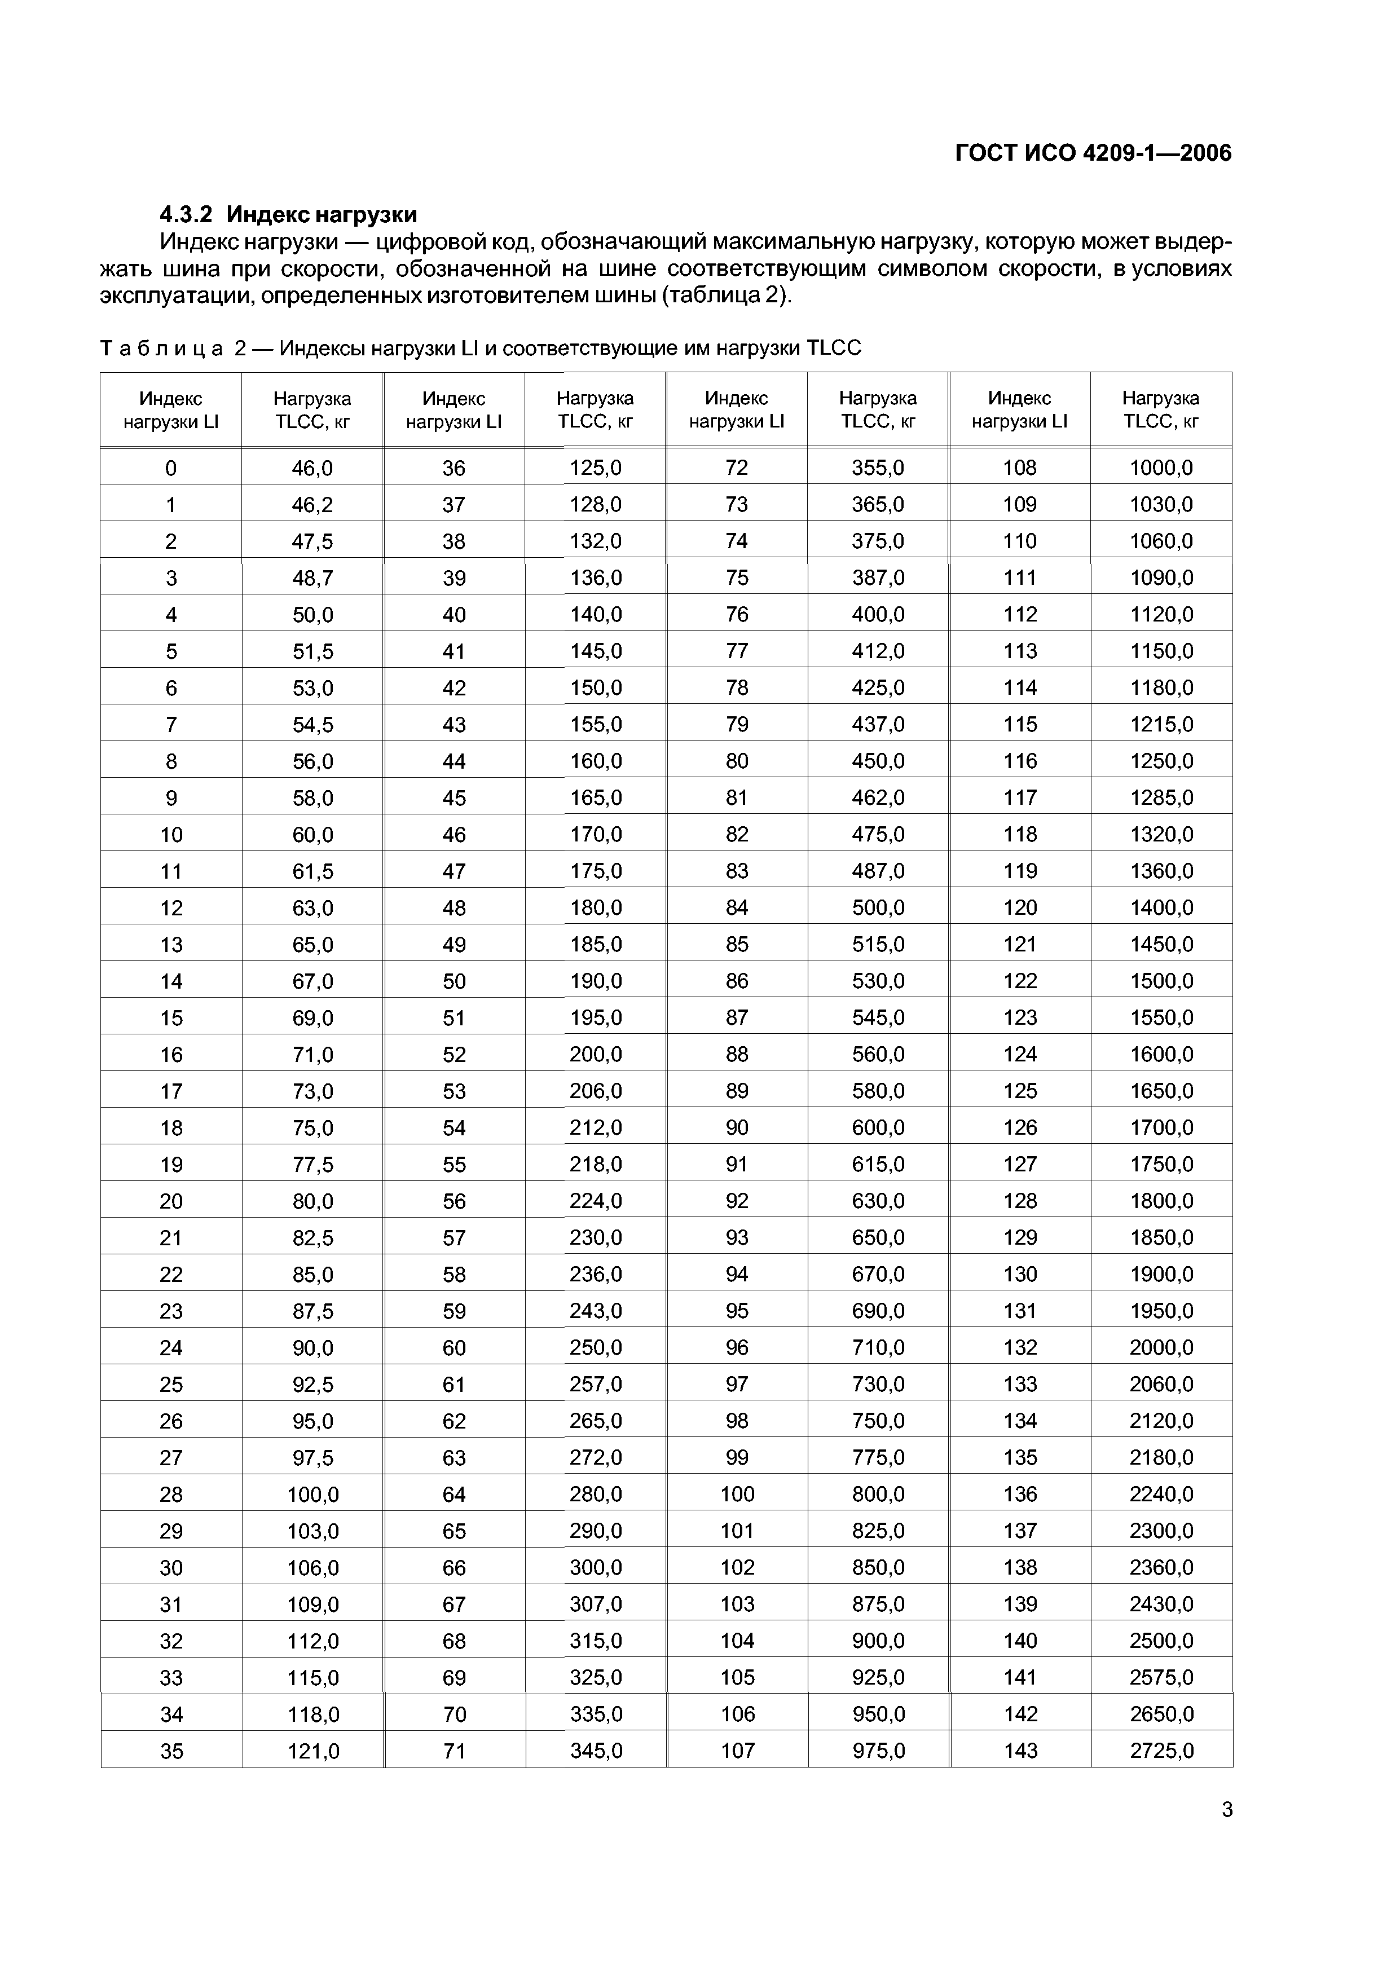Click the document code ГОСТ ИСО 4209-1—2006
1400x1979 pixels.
pos(1093,153)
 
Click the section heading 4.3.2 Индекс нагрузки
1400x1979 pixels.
pos(289,214)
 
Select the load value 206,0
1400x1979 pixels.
pos(595,1091)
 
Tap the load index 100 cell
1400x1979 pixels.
pos(737,1494)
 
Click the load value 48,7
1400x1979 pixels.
pos(312,578)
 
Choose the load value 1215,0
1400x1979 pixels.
pos(1161,725)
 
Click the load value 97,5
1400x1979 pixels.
pos(312,1457)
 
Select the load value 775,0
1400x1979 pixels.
pos(878,1457)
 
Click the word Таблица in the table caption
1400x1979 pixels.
pos(161,348)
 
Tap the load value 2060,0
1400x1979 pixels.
pos(1161,1384)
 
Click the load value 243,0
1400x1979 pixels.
pos(595,1311)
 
